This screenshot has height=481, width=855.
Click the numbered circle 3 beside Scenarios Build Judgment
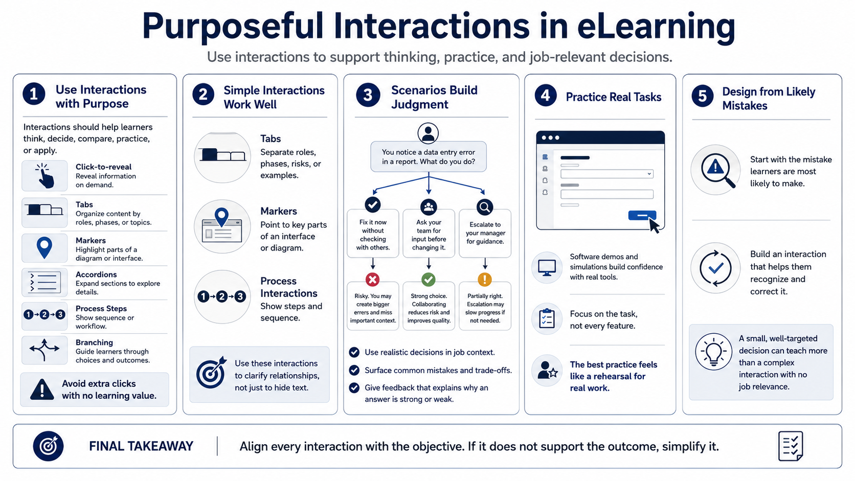pos(368,95)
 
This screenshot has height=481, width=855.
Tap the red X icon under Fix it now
pos(373,280)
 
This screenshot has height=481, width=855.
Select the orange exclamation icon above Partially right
pos(485,280)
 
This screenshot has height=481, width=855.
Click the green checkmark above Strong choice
pos(429,280)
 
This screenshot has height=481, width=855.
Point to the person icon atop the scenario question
pos(428,133)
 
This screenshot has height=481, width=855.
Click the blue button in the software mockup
pos(642,216)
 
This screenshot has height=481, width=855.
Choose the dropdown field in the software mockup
pos(607,174)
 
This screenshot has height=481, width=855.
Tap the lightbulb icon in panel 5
pos(713,352)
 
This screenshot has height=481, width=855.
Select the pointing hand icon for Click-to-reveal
pos(46,175)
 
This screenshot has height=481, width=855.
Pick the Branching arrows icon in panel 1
pos(44,350)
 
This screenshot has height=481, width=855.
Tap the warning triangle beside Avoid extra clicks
pos(42,390)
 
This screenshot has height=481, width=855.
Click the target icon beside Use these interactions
pos(211,373)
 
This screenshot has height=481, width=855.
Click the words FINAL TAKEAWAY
pos(141,446)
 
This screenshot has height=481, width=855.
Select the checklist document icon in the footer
pos(791,446)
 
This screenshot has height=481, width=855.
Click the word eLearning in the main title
pos(656,26)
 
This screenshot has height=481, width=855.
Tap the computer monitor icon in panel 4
pos(547,267)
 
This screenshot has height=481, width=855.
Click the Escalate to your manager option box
pos(485,233)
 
